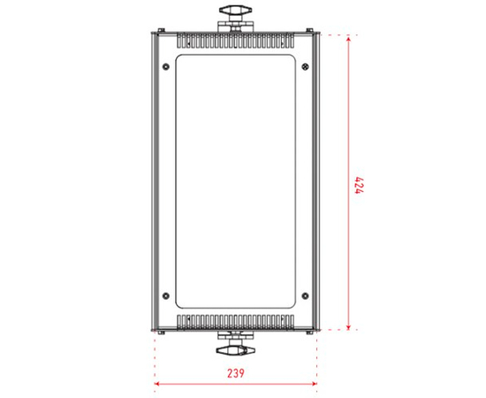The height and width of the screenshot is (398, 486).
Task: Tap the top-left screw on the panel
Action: pos(166,65)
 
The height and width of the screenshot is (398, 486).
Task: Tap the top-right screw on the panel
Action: pos(306,65)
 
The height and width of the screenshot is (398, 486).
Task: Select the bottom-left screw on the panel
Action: pos(166,295)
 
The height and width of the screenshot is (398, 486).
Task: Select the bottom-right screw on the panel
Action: pos(306,295)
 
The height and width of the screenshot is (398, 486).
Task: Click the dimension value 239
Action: pos(235,373)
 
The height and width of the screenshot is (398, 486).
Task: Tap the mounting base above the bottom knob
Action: pos(236,333)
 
